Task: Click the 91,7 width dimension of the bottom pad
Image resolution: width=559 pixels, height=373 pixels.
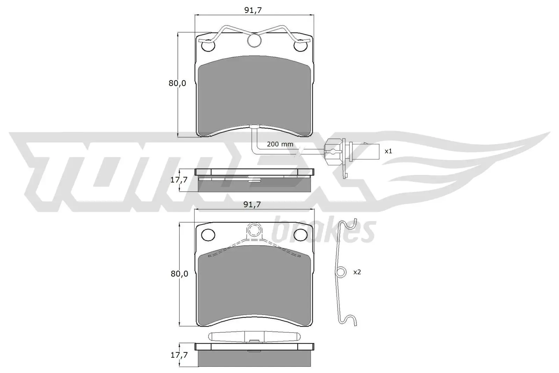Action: pos(253,205)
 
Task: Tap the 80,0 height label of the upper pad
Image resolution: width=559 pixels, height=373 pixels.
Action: pos(177,84)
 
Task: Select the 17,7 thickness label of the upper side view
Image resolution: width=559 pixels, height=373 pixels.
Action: pos(179,180)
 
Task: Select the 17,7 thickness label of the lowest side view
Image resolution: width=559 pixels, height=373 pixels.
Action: pos(179,355)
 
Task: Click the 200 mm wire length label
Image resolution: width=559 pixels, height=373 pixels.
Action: pos(280,144)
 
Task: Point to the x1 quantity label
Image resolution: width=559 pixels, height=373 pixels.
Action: pos(388,151)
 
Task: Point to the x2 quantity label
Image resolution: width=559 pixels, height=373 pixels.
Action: pos(357,272)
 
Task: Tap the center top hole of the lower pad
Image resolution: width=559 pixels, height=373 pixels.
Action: pos(254,230)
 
